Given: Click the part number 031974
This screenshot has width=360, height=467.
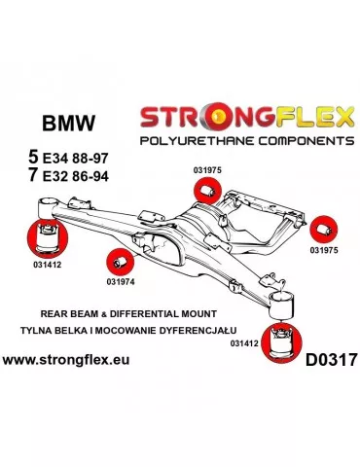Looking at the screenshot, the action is point(122,284).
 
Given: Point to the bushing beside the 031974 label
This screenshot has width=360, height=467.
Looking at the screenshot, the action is point(118,262).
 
